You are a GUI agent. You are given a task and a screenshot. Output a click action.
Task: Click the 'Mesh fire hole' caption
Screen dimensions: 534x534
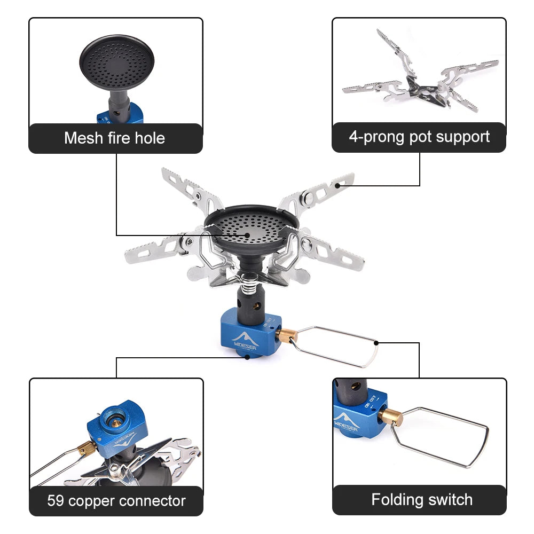(114, 138)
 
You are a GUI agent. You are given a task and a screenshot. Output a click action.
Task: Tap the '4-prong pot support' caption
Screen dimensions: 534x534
(419, 137)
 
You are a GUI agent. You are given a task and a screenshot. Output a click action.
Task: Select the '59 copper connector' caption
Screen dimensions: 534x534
(116, 501)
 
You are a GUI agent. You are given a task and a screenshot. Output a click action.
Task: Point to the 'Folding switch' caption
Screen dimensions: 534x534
(422, 500)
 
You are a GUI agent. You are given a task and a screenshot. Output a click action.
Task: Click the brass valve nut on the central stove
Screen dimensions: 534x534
(287, 336)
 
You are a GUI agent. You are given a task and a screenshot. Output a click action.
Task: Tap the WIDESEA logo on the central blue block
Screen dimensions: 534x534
(244, 341)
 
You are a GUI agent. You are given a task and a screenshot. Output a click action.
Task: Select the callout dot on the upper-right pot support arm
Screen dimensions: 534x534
(337, 186)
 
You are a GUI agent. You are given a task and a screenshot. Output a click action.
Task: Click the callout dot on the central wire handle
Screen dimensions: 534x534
(376, 343)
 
